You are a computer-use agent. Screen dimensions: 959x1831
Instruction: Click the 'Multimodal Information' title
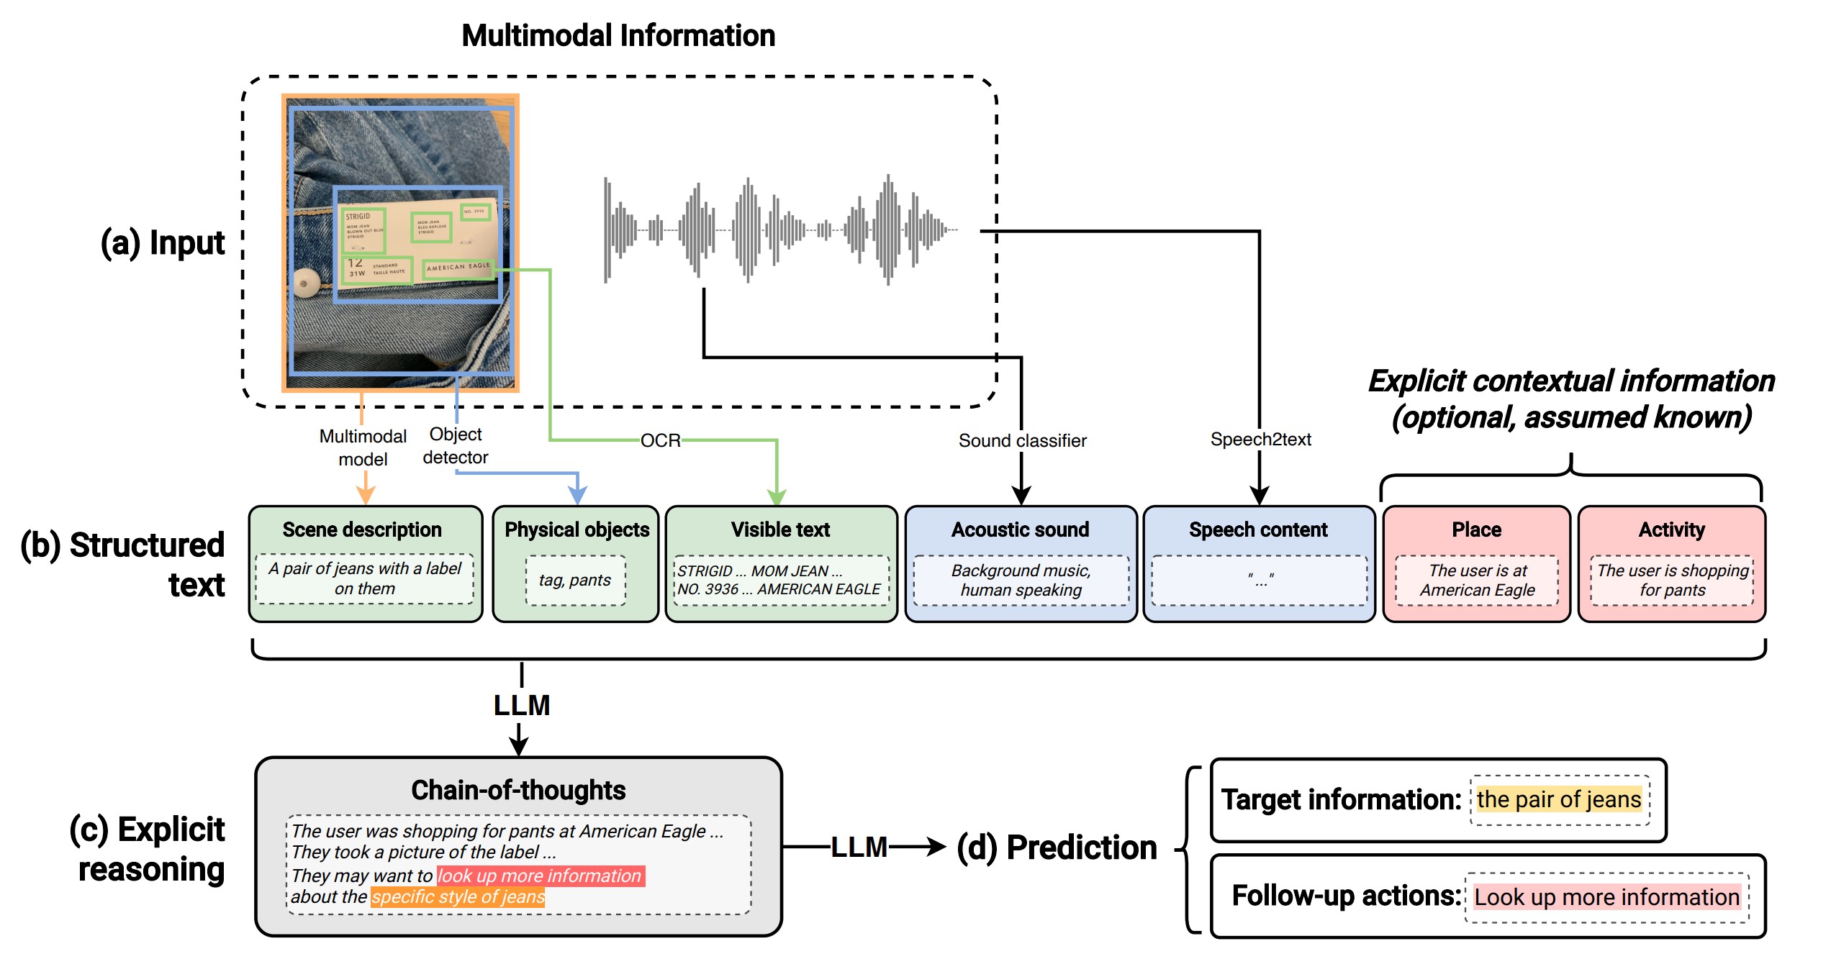tap(618, 35)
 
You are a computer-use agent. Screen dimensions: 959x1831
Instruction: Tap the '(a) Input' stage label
tap(163, 242)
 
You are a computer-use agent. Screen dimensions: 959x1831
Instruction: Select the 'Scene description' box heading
tap(362, 530)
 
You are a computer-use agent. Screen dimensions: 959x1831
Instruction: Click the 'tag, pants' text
tap(575, 580)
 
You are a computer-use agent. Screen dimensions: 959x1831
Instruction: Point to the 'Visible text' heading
tap(780, 530)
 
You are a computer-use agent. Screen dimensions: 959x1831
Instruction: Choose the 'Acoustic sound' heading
tap(1020, 530)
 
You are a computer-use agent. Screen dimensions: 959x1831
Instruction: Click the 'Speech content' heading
tap(1258, 530)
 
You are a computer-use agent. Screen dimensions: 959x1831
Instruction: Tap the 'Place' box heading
tap(1476, 530)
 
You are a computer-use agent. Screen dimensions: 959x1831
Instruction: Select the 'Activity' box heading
tap(1671, 530)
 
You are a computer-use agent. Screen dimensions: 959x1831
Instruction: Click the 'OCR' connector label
tap(661, 440)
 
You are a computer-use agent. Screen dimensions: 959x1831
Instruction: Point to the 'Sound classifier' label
tap(1022, 440)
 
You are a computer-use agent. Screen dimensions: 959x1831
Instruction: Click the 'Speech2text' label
tap(1260, 439)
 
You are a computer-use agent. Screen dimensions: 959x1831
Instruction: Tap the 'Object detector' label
tap(456, 446)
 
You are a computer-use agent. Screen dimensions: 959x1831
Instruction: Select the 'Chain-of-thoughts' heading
tap(518, 790)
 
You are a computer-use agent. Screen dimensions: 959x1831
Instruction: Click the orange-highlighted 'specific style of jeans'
tap(458, 897)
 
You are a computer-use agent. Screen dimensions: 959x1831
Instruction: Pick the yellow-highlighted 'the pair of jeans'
tap(1559, 799)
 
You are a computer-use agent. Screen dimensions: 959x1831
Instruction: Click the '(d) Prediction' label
tap(1057, 847)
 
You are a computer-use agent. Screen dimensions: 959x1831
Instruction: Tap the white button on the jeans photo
tap(304, 283)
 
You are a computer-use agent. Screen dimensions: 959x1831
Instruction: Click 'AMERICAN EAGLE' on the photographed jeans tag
tap(458, 267)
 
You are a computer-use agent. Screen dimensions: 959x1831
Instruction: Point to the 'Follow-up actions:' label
tap(1346, 896)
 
